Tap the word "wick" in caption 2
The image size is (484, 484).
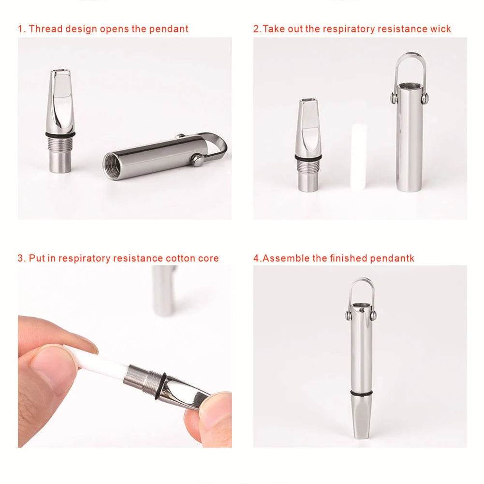pos(440,29)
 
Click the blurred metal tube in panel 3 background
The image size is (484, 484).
pos(163,290)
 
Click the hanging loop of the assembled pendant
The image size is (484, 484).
pos(361,290)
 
